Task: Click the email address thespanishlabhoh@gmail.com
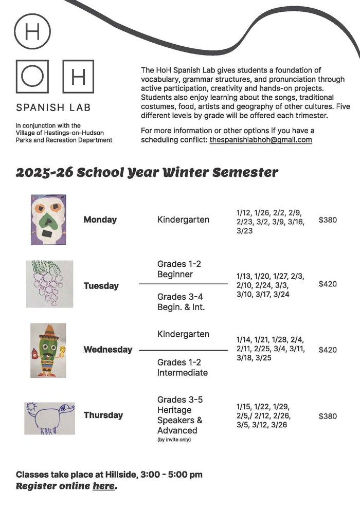[261, 140]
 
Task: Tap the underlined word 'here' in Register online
[103, 486]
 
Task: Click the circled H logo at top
[32, 31]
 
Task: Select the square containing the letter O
[32, 77]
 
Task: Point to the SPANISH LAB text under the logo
[53, 108]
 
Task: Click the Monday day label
[100, 220]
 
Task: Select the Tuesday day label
[101, 286]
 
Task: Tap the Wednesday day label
[107, 350]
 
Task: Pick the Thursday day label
[103, 415]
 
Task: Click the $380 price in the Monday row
[328, 220]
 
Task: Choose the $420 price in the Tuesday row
[328, 284]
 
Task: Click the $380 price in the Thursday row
[328, 416]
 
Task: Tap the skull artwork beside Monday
[48, 220]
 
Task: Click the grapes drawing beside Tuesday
[49, 284]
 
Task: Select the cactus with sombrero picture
[48, 350]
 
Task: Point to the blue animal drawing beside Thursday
[49, 418]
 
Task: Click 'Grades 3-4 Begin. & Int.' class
[181, 302]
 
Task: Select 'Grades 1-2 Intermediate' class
[182, 367]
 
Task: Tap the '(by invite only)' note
[174, 440]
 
